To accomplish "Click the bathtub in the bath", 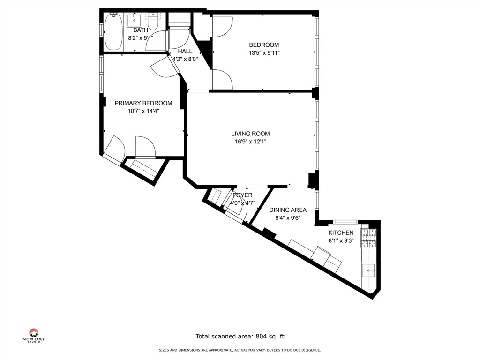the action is (x=113, y=31).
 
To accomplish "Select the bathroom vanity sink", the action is (x=134, y=20).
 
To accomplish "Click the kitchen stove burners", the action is (x=368, y=238).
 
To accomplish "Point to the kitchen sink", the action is (x=369, y=270).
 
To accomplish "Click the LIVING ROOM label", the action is (x=250, y=134).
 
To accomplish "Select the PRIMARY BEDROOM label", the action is (x=143, y=103).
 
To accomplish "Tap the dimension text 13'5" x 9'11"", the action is (x=264, y=53).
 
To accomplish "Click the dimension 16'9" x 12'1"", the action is (x=251, y=142).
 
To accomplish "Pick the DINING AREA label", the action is (x=288, y=210).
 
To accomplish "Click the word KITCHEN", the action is (x=341, y=232).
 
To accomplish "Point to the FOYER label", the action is (x=242, y=195).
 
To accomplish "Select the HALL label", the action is (x=185, y=52).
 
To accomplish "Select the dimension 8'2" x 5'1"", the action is (x=141, y=38).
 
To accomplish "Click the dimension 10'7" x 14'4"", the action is (x=143, y=111).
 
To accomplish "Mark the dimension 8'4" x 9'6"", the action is (x=288, y=218).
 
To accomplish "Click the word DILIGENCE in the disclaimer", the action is (x=311, y=350).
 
